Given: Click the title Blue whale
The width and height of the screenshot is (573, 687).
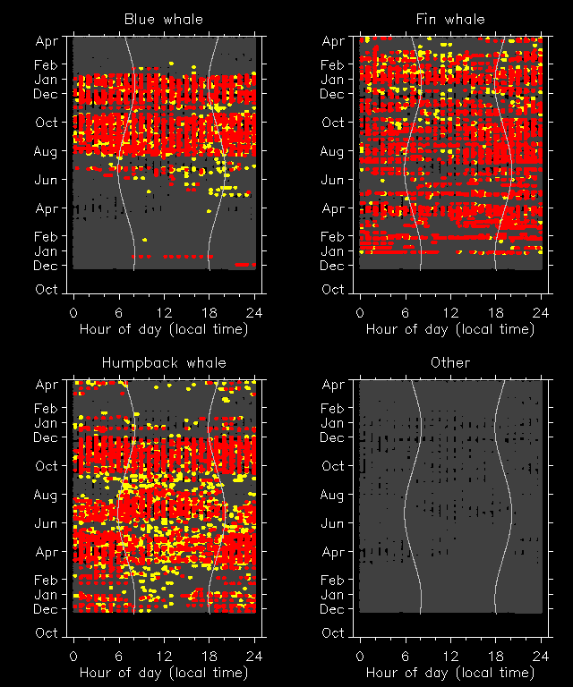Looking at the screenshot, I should click(x=164, y=19).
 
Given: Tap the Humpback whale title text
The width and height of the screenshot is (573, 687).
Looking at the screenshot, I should click(x=164, y=362).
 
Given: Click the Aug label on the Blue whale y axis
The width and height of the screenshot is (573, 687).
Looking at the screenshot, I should click(x=46, y=151).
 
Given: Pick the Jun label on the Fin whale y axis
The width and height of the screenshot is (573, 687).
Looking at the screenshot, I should click(x=332, y=180).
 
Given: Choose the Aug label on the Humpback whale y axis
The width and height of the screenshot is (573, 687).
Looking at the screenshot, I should click(x=46, y=495).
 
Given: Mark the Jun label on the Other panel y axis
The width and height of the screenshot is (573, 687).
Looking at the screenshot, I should click(x=332, y=523).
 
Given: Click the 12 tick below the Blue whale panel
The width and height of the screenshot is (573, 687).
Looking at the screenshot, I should click(x=164, y=312).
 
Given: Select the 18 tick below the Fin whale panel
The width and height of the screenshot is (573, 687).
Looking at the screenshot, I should click(x=496, y=312).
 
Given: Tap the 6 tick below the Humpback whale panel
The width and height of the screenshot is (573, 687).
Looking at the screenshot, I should click(x=119, y=656).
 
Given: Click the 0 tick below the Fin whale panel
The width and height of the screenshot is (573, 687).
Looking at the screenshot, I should click(x=360, y=312).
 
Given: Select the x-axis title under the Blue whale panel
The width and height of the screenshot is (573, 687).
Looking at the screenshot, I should click(x=164, y=328).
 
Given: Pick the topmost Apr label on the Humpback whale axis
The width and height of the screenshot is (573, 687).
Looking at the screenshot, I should click(x=46, y=385).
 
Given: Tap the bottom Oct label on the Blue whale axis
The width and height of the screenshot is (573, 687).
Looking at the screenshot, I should click(x=46, y=290).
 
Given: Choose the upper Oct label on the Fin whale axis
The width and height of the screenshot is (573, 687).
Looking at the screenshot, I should click(x=332, y=123).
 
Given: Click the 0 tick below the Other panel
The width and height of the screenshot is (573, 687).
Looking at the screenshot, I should click(x=360, y=656).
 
